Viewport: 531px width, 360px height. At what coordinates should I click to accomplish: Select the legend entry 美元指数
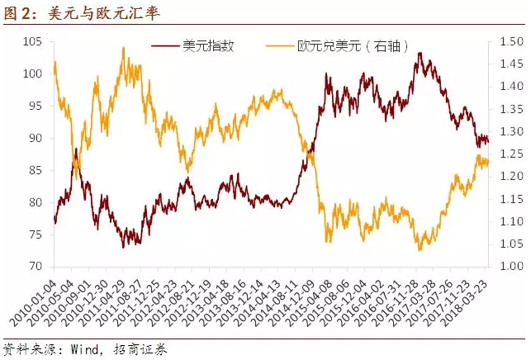coord(207,46)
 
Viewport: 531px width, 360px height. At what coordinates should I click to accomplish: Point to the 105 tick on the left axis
coord(33,41)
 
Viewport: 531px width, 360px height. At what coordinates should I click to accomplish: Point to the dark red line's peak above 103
coord(420,54)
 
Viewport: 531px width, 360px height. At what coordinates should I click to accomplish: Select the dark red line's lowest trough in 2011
coord(124,247)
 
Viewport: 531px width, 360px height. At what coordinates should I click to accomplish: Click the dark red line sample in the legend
coord(165,46)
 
